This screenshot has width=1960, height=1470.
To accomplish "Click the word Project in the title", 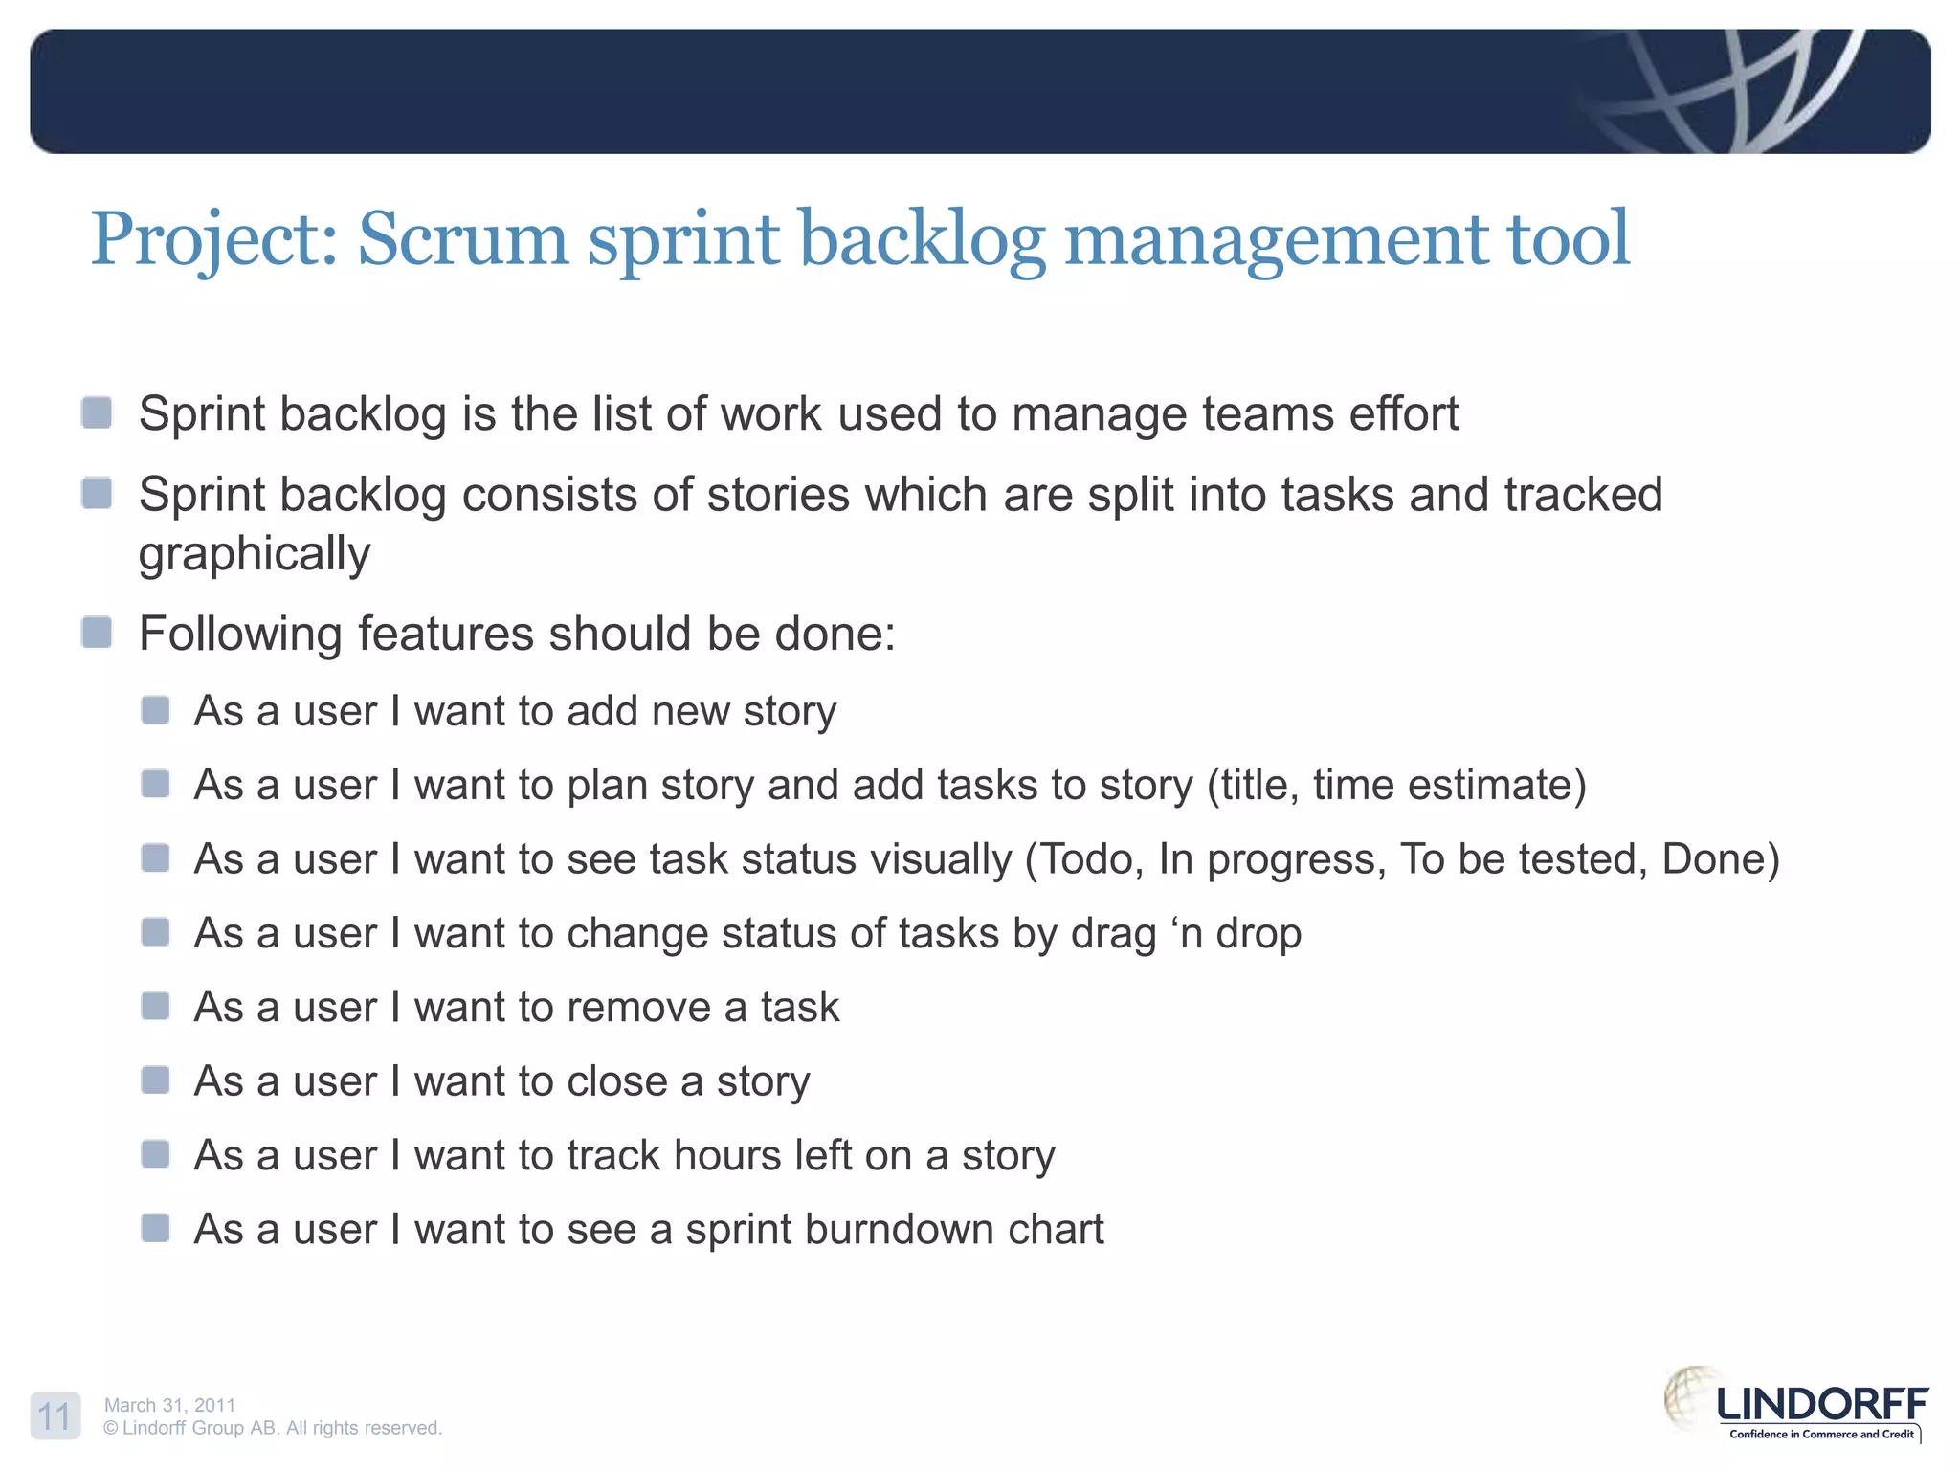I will [212, 239].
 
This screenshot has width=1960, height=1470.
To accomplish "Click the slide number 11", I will [55, 1415].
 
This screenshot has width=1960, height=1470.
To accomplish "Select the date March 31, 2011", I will [169, 1405].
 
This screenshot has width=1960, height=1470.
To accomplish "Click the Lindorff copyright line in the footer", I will [273, 1428].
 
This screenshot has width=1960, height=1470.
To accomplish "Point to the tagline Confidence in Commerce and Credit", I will [1821, 1434].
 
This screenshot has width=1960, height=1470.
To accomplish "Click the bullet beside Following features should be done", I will [97, 633].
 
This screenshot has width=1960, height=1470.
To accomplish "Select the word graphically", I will [254, 555].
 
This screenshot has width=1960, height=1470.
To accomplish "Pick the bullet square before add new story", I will [155, 710].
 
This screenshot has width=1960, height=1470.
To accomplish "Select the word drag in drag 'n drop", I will [1113, 934].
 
